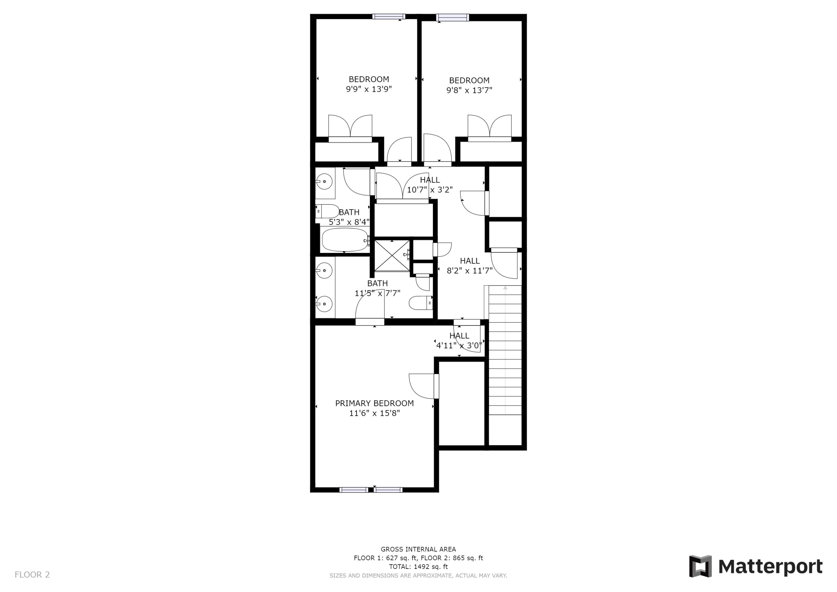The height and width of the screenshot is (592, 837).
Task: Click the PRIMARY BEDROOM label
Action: click(x=374, y=403)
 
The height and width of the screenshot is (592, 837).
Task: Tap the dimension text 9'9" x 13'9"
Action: click(x=369, y=89)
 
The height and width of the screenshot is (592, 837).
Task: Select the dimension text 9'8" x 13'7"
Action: click(x=469, y=90)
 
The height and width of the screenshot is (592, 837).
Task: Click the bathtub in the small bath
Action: click(x=345, y=240)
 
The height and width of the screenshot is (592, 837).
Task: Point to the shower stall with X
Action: click(x=392, y=256)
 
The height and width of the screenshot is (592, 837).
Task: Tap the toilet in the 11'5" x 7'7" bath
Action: click(x=421, y=303)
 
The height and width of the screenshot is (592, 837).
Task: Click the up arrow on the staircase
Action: click(x=505, y=288)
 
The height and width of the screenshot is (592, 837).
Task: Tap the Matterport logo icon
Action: click(x=700, y=567)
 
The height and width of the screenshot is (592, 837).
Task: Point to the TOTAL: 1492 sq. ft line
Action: click(x=418, y=567)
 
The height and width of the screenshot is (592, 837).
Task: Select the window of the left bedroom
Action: click(x=389, y=16)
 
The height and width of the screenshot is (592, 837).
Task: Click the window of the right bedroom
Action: click(x=453, y=18)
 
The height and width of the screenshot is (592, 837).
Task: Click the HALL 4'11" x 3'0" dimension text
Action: click(x=459, y=346)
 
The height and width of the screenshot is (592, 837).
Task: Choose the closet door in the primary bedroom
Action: click(x=436, y=386)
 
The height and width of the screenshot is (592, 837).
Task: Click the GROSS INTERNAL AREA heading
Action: click(x=418, y=549)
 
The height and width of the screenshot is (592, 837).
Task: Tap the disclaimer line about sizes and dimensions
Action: click(x=418, y=576)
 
